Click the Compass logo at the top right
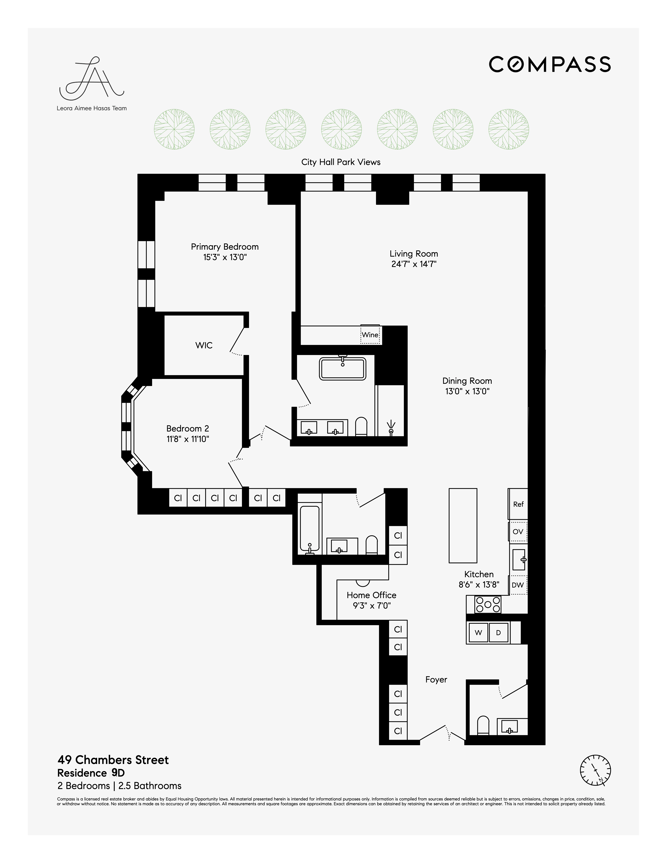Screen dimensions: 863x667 pos(550,64)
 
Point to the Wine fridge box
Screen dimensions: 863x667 pos(370,335)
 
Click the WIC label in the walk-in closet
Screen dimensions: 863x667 pos(204,345)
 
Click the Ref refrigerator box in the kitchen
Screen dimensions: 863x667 pos(518,504)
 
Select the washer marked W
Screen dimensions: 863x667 pos(478,633)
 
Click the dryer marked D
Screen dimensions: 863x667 pos(498,633)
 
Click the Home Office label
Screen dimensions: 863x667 pos(371,595)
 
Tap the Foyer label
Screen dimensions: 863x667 pos(436,680)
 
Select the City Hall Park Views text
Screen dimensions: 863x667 pos(341,162)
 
